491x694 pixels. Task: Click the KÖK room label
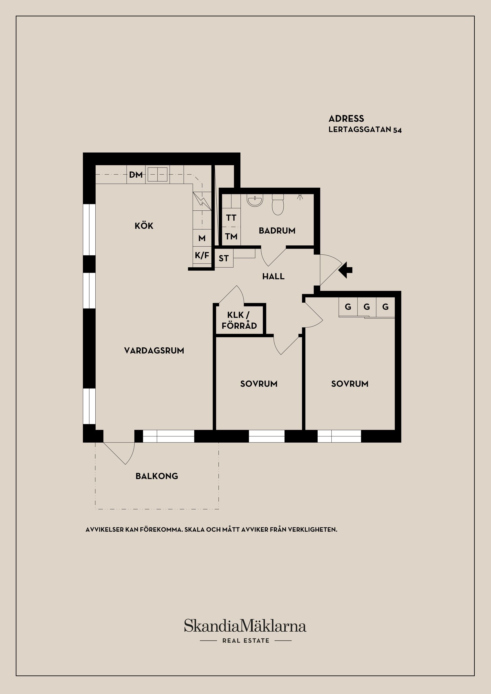[144, 226]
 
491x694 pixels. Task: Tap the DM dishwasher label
[136, 175]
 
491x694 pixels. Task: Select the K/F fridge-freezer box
[202, 256]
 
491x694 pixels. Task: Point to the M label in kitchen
[202, 238]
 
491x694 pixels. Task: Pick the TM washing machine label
[231, 236]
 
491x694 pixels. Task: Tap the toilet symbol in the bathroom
[278, 205]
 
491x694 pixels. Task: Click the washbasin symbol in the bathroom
[255, 200]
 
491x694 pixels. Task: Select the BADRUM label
[277, 231]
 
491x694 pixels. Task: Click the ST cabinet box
[224, 258]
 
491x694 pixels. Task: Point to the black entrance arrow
[345, 270]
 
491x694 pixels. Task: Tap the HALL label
[273, 276]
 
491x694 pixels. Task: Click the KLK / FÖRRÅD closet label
[239, 320]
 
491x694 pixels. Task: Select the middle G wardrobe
[367, 307]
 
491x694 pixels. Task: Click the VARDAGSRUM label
[154, 351]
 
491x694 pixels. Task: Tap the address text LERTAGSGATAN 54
[365, 130]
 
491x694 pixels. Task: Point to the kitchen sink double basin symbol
[157, 175]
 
